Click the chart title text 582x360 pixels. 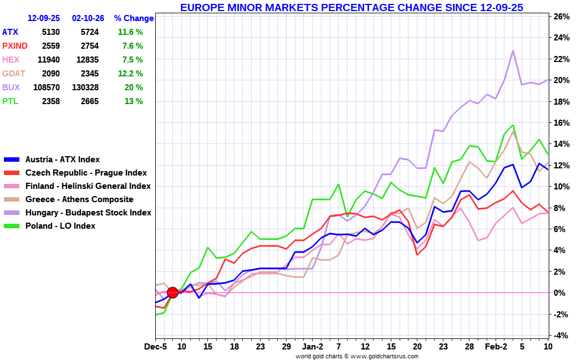tap(351, 7)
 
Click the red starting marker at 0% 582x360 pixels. tap(172, 292)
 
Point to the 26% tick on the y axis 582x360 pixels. tap(562, 17)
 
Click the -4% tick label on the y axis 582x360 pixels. tap(562, 335)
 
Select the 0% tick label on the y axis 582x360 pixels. tap(562, 293)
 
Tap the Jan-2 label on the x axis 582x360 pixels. tap(313, 347)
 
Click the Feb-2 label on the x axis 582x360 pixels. tap(496, 347)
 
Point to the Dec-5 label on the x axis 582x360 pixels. tap(156, 347)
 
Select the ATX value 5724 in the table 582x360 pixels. tap(89, 32)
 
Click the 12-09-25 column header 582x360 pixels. tap(44, 18)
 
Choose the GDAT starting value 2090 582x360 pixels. tap(50, 74)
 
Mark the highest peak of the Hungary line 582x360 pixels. tap(513, 51)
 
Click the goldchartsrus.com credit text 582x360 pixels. tap(356, 356)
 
